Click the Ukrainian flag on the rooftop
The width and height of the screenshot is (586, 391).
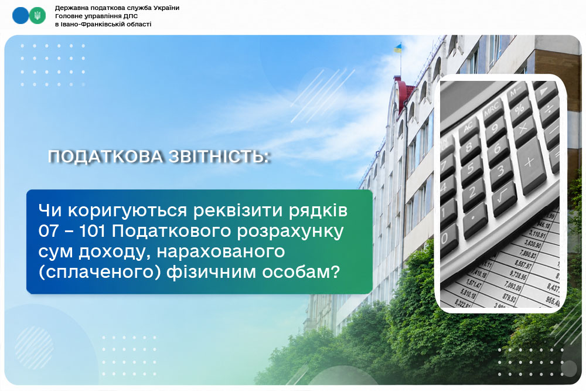tap(398, 48)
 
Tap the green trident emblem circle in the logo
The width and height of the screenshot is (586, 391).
tap(37, 16)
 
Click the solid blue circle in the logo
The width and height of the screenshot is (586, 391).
tap(21, 16)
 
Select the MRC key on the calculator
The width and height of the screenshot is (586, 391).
tap(493, 110)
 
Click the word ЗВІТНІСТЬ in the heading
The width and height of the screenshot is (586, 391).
tap(219, 157)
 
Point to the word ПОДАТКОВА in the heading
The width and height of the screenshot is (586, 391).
tap(105, 157)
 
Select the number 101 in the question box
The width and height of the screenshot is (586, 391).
tap(93, 231)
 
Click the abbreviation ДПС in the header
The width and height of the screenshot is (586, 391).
tap(131, 16)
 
